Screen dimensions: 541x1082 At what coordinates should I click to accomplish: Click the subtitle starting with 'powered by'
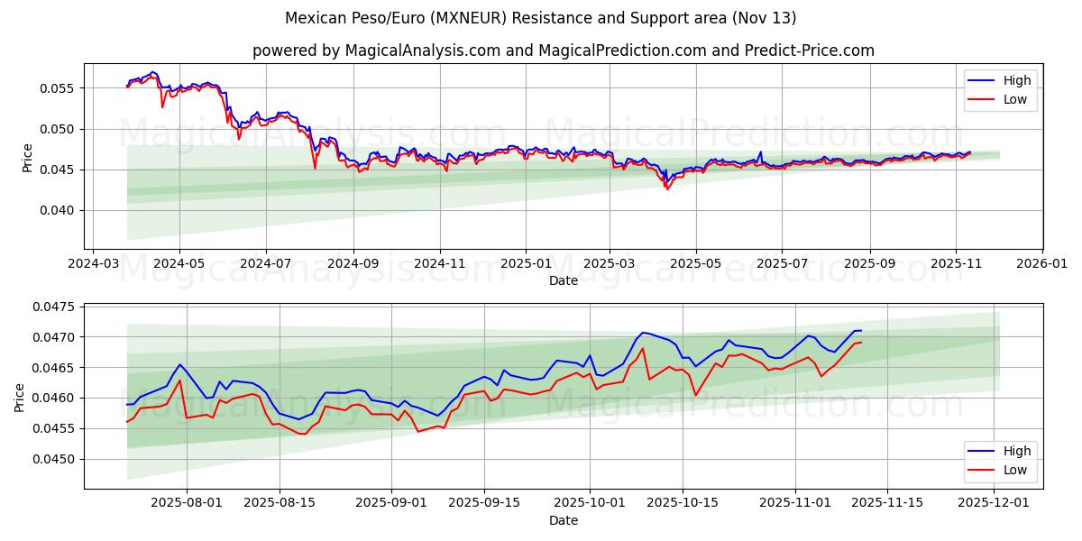(563, 50)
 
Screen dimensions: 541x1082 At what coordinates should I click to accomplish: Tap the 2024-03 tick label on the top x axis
(93, 265)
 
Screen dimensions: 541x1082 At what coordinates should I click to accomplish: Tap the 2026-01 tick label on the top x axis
(1042, 265)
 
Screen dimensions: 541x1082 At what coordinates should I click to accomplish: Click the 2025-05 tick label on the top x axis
(695, 265)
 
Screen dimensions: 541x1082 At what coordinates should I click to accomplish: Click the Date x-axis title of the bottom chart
(563, 521)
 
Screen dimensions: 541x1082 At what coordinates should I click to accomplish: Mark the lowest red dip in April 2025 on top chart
(667, 189)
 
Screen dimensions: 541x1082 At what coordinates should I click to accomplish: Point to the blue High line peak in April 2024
(152, 71)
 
